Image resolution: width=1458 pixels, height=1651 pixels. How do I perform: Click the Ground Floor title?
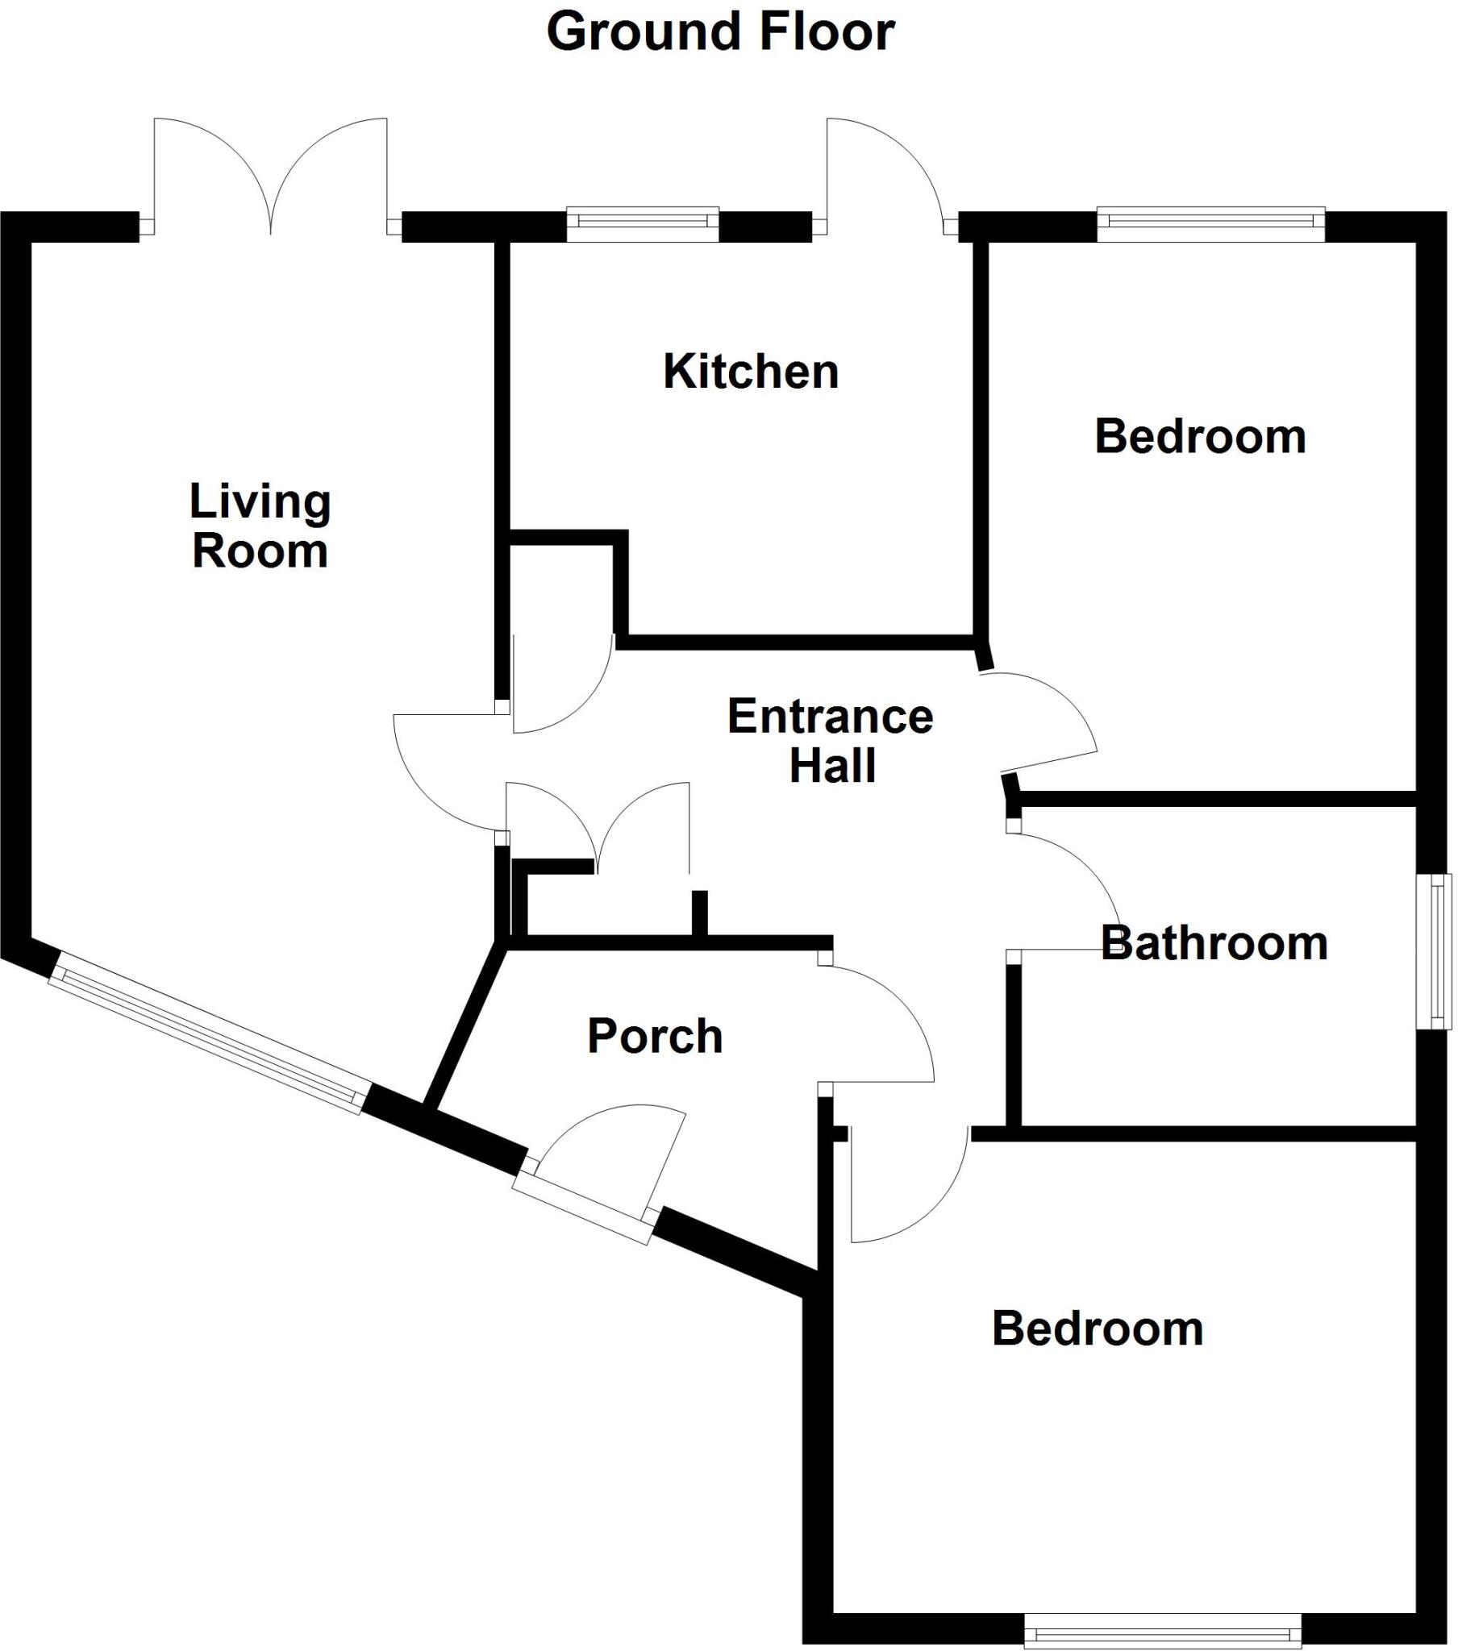coord(720,32)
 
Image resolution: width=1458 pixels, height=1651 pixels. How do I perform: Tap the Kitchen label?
coord(751,372)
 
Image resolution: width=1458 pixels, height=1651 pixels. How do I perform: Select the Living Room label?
coord(260,526)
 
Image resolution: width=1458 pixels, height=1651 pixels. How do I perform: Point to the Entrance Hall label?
coord(831,741)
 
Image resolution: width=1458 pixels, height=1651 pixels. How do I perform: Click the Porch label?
coord(655,1037)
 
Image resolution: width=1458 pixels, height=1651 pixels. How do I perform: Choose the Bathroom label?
coord(1214,943)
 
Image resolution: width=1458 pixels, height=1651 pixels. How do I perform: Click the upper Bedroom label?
coord(1200,437)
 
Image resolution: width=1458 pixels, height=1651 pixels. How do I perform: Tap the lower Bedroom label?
coord(1098,1329)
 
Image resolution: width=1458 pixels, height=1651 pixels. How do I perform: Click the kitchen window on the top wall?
coord(643,225)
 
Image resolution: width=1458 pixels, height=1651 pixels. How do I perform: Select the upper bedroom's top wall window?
coord(1210,225)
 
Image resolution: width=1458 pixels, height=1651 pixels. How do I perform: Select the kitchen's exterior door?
coord(885,173)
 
